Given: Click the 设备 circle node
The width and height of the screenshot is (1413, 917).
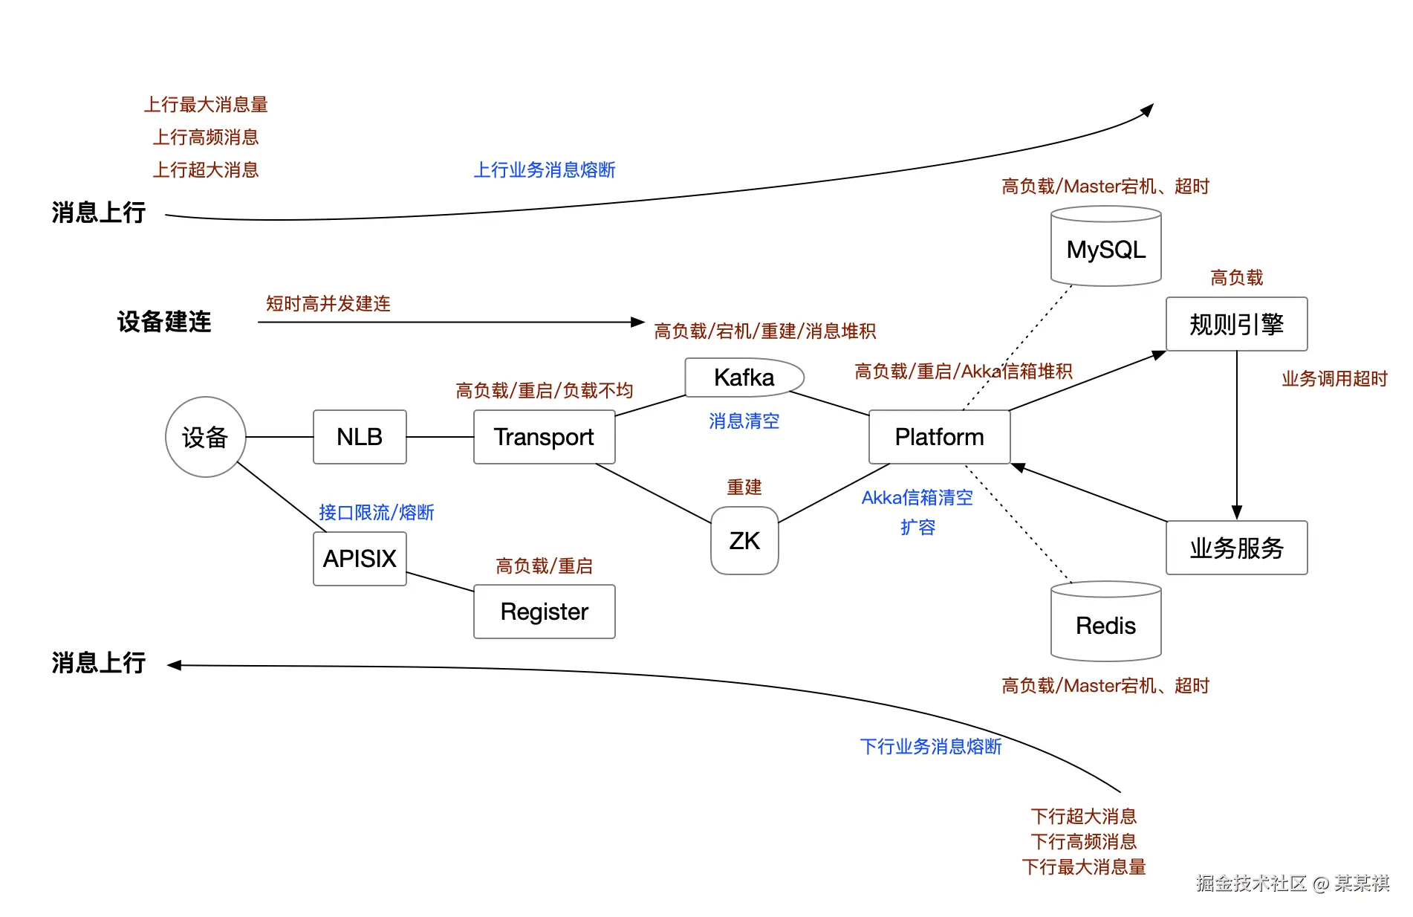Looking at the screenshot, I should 205,437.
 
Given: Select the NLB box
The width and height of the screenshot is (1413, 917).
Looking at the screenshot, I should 360,437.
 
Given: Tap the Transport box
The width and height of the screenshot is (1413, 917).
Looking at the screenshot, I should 544,437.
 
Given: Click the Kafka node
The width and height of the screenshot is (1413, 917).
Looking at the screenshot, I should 744,378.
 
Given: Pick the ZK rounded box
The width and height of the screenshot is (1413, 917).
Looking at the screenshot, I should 744,540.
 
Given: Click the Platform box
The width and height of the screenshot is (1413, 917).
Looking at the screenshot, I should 939,437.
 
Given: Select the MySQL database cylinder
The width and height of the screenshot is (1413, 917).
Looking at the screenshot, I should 1105,249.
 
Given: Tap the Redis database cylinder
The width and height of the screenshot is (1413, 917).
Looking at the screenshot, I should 1105,625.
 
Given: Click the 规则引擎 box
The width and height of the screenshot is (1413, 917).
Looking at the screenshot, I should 1236,324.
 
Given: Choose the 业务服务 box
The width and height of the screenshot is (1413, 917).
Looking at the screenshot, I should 1236,548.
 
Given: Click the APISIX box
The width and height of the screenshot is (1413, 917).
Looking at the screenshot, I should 360,559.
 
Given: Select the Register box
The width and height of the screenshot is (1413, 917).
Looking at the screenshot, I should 544,612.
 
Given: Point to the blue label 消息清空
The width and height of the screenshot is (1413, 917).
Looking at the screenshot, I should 744,421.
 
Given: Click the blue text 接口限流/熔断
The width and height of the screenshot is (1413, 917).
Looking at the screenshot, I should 376,512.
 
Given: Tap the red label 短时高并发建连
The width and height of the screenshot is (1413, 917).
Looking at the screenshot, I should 328,303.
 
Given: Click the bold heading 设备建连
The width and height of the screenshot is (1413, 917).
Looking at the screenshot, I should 164,322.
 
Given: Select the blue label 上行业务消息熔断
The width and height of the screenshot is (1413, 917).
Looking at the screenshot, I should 545,170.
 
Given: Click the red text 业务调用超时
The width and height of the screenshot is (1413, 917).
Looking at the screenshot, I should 1334,379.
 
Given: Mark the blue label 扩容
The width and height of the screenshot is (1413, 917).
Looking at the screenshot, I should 917,528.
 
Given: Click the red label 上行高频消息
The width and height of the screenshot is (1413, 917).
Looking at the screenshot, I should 206,137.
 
